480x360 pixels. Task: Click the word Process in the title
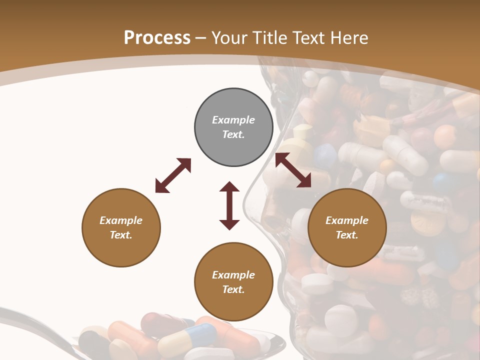tap(157, 38)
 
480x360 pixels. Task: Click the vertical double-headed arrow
tap(229, 205)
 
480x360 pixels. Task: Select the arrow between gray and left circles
tap(173, 175)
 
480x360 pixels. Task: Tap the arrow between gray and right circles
tap(293, 170)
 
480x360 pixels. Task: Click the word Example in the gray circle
tap(233, 120)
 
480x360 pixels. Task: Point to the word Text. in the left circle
tap(121, 235)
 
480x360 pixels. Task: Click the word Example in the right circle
tap(347, 220)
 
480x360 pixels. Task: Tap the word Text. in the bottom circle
tap(233, 289)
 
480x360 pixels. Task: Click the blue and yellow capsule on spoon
tap(187, 339)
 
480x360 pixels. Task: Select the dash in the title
tap(201, 38)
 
